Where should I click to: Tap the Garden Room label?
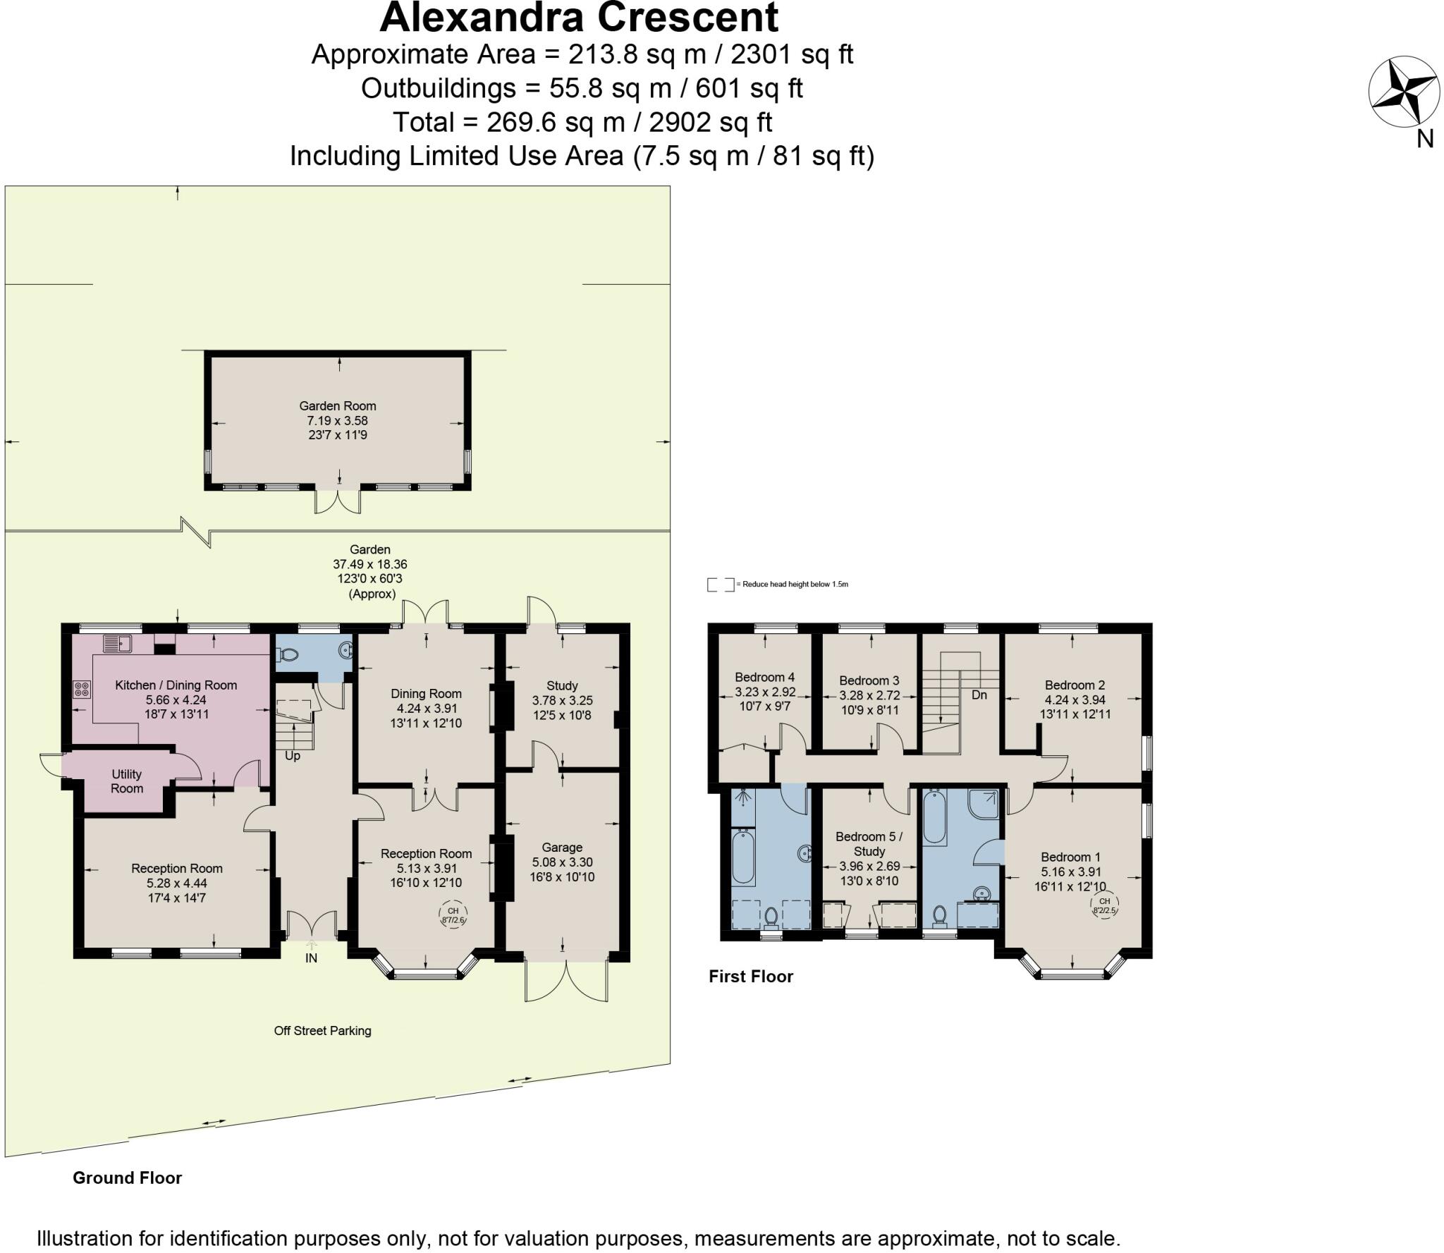[x=338, y=406]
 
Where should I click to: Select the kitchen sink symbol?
[x=117, y=643]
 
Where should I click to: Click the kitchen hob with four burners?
[x=81, y=688]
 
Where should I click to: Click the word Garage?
[x=562, y=848]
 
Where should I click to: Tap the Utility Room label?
[x=127, y=781]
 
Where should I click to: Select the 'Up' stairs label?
[x=292, y=756]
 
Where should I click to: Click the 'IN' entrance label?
[x=311, y=958]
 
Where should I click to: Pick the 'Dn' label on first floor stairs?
[x=979, y=695]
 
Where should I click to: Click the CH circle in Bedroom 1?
[x=1104, y=905]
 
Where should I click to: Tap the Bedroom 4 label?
[x=765, y=677]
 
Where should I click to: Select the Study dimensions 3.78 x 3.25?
[x=562, y=700]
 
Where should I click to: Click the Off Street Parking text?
[x=322, y=1031]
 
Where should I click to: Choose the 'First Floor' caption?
[x=751, y=977]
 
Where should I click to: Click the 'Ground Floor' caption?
[x=127, y=1178]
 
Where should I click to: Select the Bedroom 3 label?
[x=869, y=680]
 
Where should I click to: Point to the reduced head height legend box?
[x=720, y=585]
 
